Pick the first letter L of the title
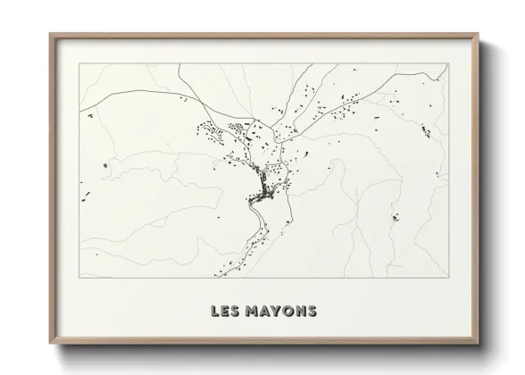(214, 312)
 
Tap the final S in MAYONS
(311, 312)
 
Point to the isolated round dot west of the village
(105, 165)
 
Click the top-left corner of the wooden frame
(50, 35)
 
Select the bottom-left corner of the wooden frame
(50, 345)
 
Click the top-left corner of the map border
(80, 63)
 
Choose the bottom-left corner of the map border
(80, 278)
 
